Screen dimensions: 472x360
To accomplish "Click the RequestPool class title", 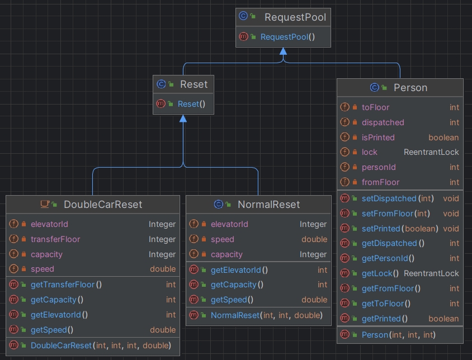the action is tap(295, 17).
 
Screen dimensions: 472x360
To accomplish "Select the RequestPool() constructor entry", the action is tap(287, 37).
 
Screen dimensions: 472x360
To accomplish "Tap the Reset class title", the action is tap(193, 84).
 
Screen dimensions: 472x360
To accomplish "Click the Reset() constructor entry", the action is tap(191, 104).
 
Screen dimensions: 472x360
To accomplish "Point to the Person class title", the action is tap(410, 88).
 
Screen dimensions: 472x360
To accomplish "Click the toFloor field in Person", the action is tap(375, 107).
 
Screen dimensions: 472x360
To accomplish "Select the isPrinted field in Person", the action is tap(378, 138).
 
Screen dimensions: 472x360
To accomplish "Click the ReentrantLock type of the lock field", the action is tap(431, 152).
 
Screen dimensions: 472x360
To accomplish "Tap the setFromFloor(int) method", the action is tap(395, 214).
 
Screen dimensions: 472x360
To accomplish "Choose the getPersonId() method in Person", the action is tap(388, 258).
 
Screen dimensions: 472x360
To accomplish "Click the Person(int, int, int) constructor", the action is tap(398, 335).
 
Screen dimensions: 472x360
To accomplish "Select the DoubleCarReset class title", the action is tap(103, 205).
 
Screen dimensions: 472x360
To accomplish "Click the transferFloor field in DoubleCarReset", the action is tap(55, 239).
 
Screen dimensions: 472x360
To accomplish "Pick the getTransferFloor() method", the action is tap(66, 285).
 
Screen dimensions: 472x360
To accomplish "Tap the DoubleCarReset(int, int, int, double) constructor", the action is tap(101, 345).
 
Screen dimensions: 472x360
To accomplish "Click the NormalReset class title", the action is tap(268, 205).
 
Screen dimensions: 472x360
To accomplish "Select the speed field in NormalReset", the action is tap(223, 239).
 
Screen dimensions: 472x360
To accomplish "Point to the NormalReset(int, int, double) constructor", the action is tap(266, 315).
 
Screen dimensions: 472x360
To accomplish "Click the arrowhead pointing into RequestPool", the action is tap(283, 51).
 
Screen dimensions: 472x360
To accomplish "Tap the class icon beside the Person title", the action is tap(375, 87).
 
